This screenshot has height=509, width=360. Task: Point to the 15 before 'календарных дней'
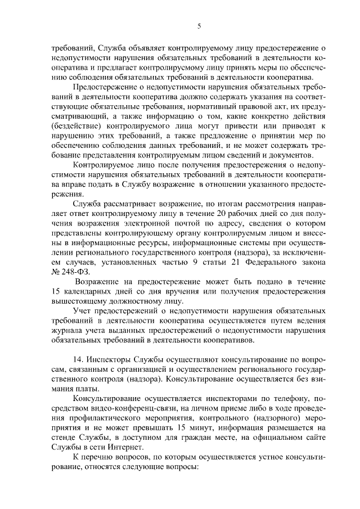[x=56, y=291]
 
